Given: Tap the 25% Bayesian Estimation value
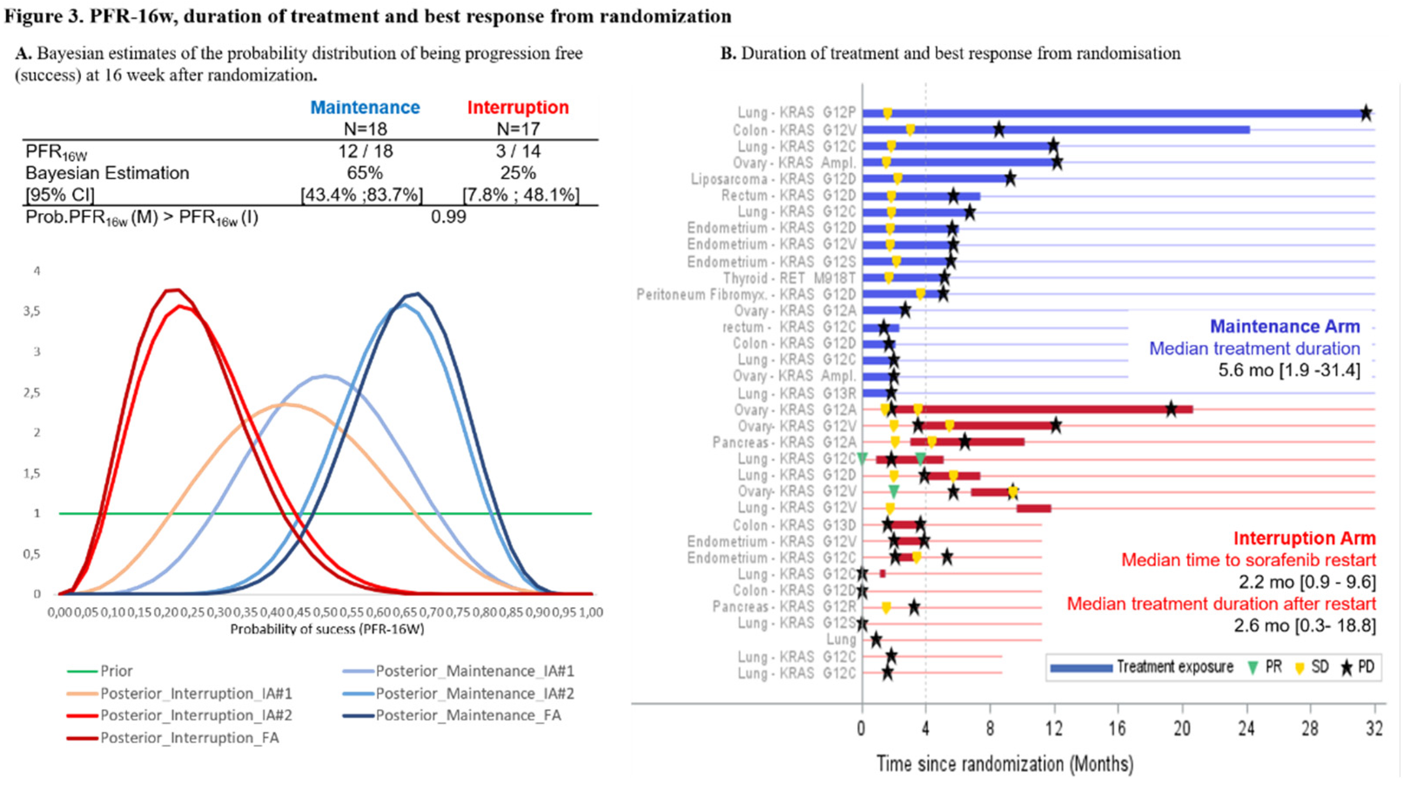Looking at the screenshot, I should point(518,173).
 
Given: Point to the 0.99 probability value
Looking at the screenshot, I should point(448,217).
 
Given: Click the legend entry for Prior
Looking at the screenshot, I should point(116,671).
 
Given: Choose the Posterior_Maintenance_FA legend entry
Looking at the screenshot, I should point(468,715).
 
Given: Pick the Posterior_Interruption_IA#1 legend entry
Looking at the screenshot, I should point(196,693).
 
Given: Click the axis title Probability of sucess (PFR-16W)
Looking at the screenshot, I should point(327,629).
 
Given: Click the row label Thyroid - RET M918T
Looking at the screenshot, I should point(789,278).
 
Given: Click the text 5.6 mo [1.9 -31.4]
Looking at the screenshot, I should point(1289,370).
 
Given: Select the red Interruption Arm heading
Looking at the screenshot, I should point(1304,538).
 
